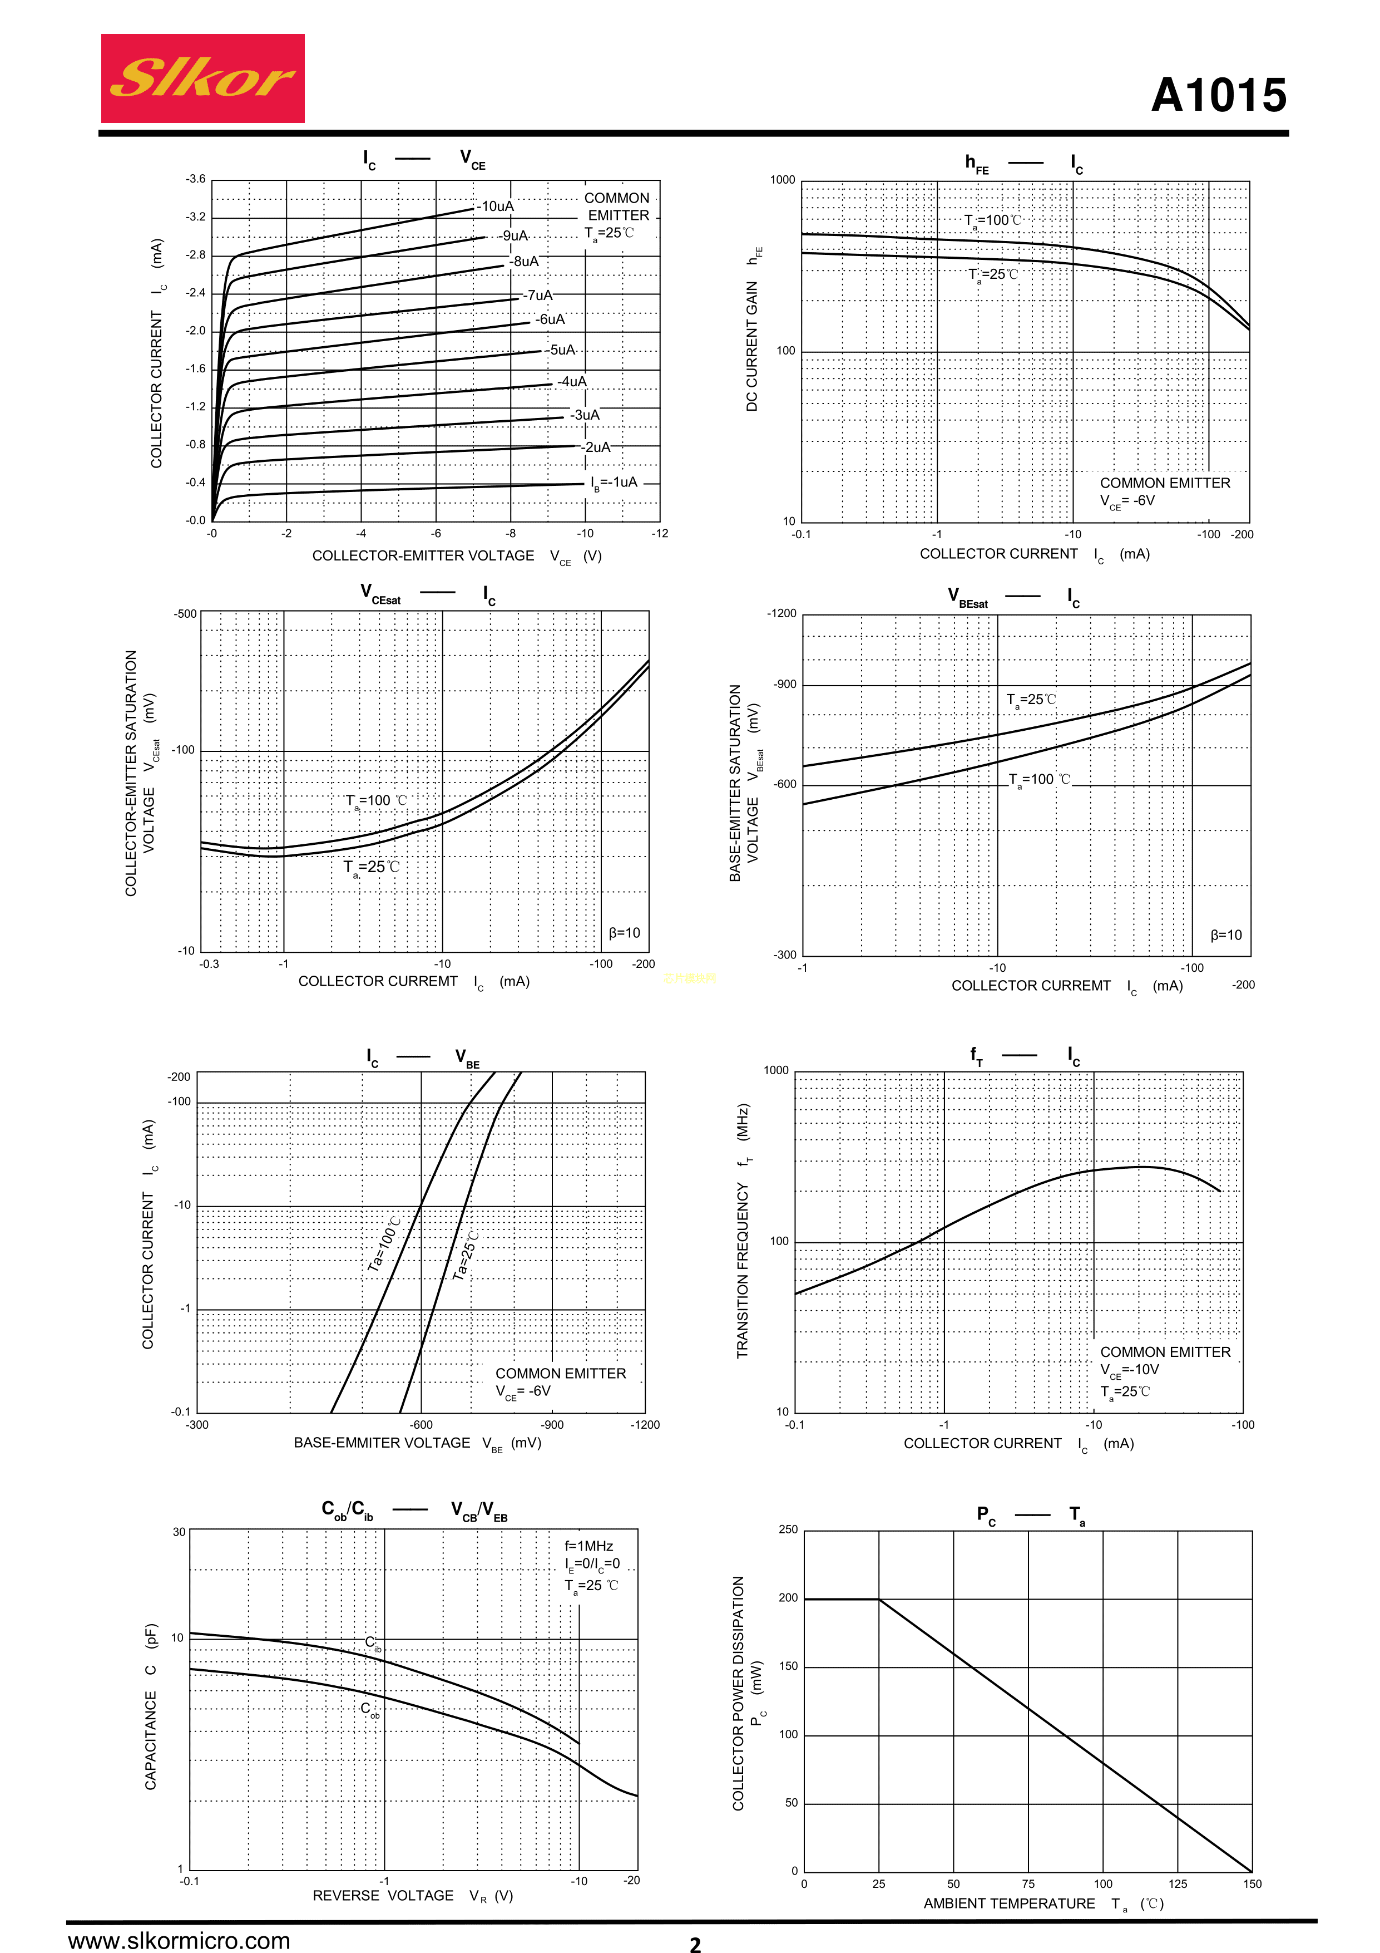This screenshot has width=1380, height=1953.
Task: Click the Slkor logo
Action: [202, 78]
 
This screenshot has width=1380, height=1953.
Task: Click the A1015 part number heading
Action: [1219, 95]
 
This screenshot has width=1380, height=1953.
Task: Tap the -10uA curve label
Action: [495, 206]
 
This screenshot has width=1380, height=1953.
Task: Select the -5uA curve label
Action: [561, 350]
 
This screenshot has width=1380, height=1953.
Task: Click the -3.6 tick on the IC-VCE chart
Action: [196, 179]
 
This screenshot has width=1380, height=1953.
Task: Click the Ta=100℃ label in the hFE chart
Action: [992, 220]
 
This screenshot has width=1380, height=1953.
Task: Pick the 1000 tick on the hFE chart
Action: [782, 180]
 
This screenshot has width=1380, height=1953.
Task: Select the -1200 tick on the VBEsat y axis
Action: [781, 613]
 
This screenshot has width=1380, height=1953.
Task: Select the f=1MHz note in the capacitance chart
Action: [588, 1546]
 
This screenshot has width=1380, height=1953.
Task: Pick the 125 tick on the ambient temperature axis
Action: [1178, 1884]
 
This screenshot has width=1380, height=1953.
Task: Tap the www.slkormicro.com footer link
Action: [180, 1940]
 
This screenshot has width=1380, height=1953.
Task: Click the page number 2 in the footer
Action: [695, 1944]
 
